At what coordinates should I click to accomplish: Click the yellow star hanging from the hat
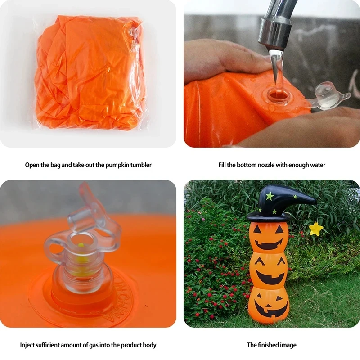(x=316, y=229)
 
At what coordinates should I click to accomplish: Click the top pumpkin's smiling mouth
(x=269, y=244)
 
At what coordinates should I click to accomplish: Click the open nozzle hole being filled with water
(x=278, y=94)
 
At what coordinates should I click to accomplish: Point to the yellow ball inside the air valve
(x=81, y=245)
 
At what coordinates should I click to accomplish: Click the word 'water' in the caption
(x=318, y=165)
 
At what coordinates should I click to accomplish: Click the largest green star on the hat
(x=270, y=196)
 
